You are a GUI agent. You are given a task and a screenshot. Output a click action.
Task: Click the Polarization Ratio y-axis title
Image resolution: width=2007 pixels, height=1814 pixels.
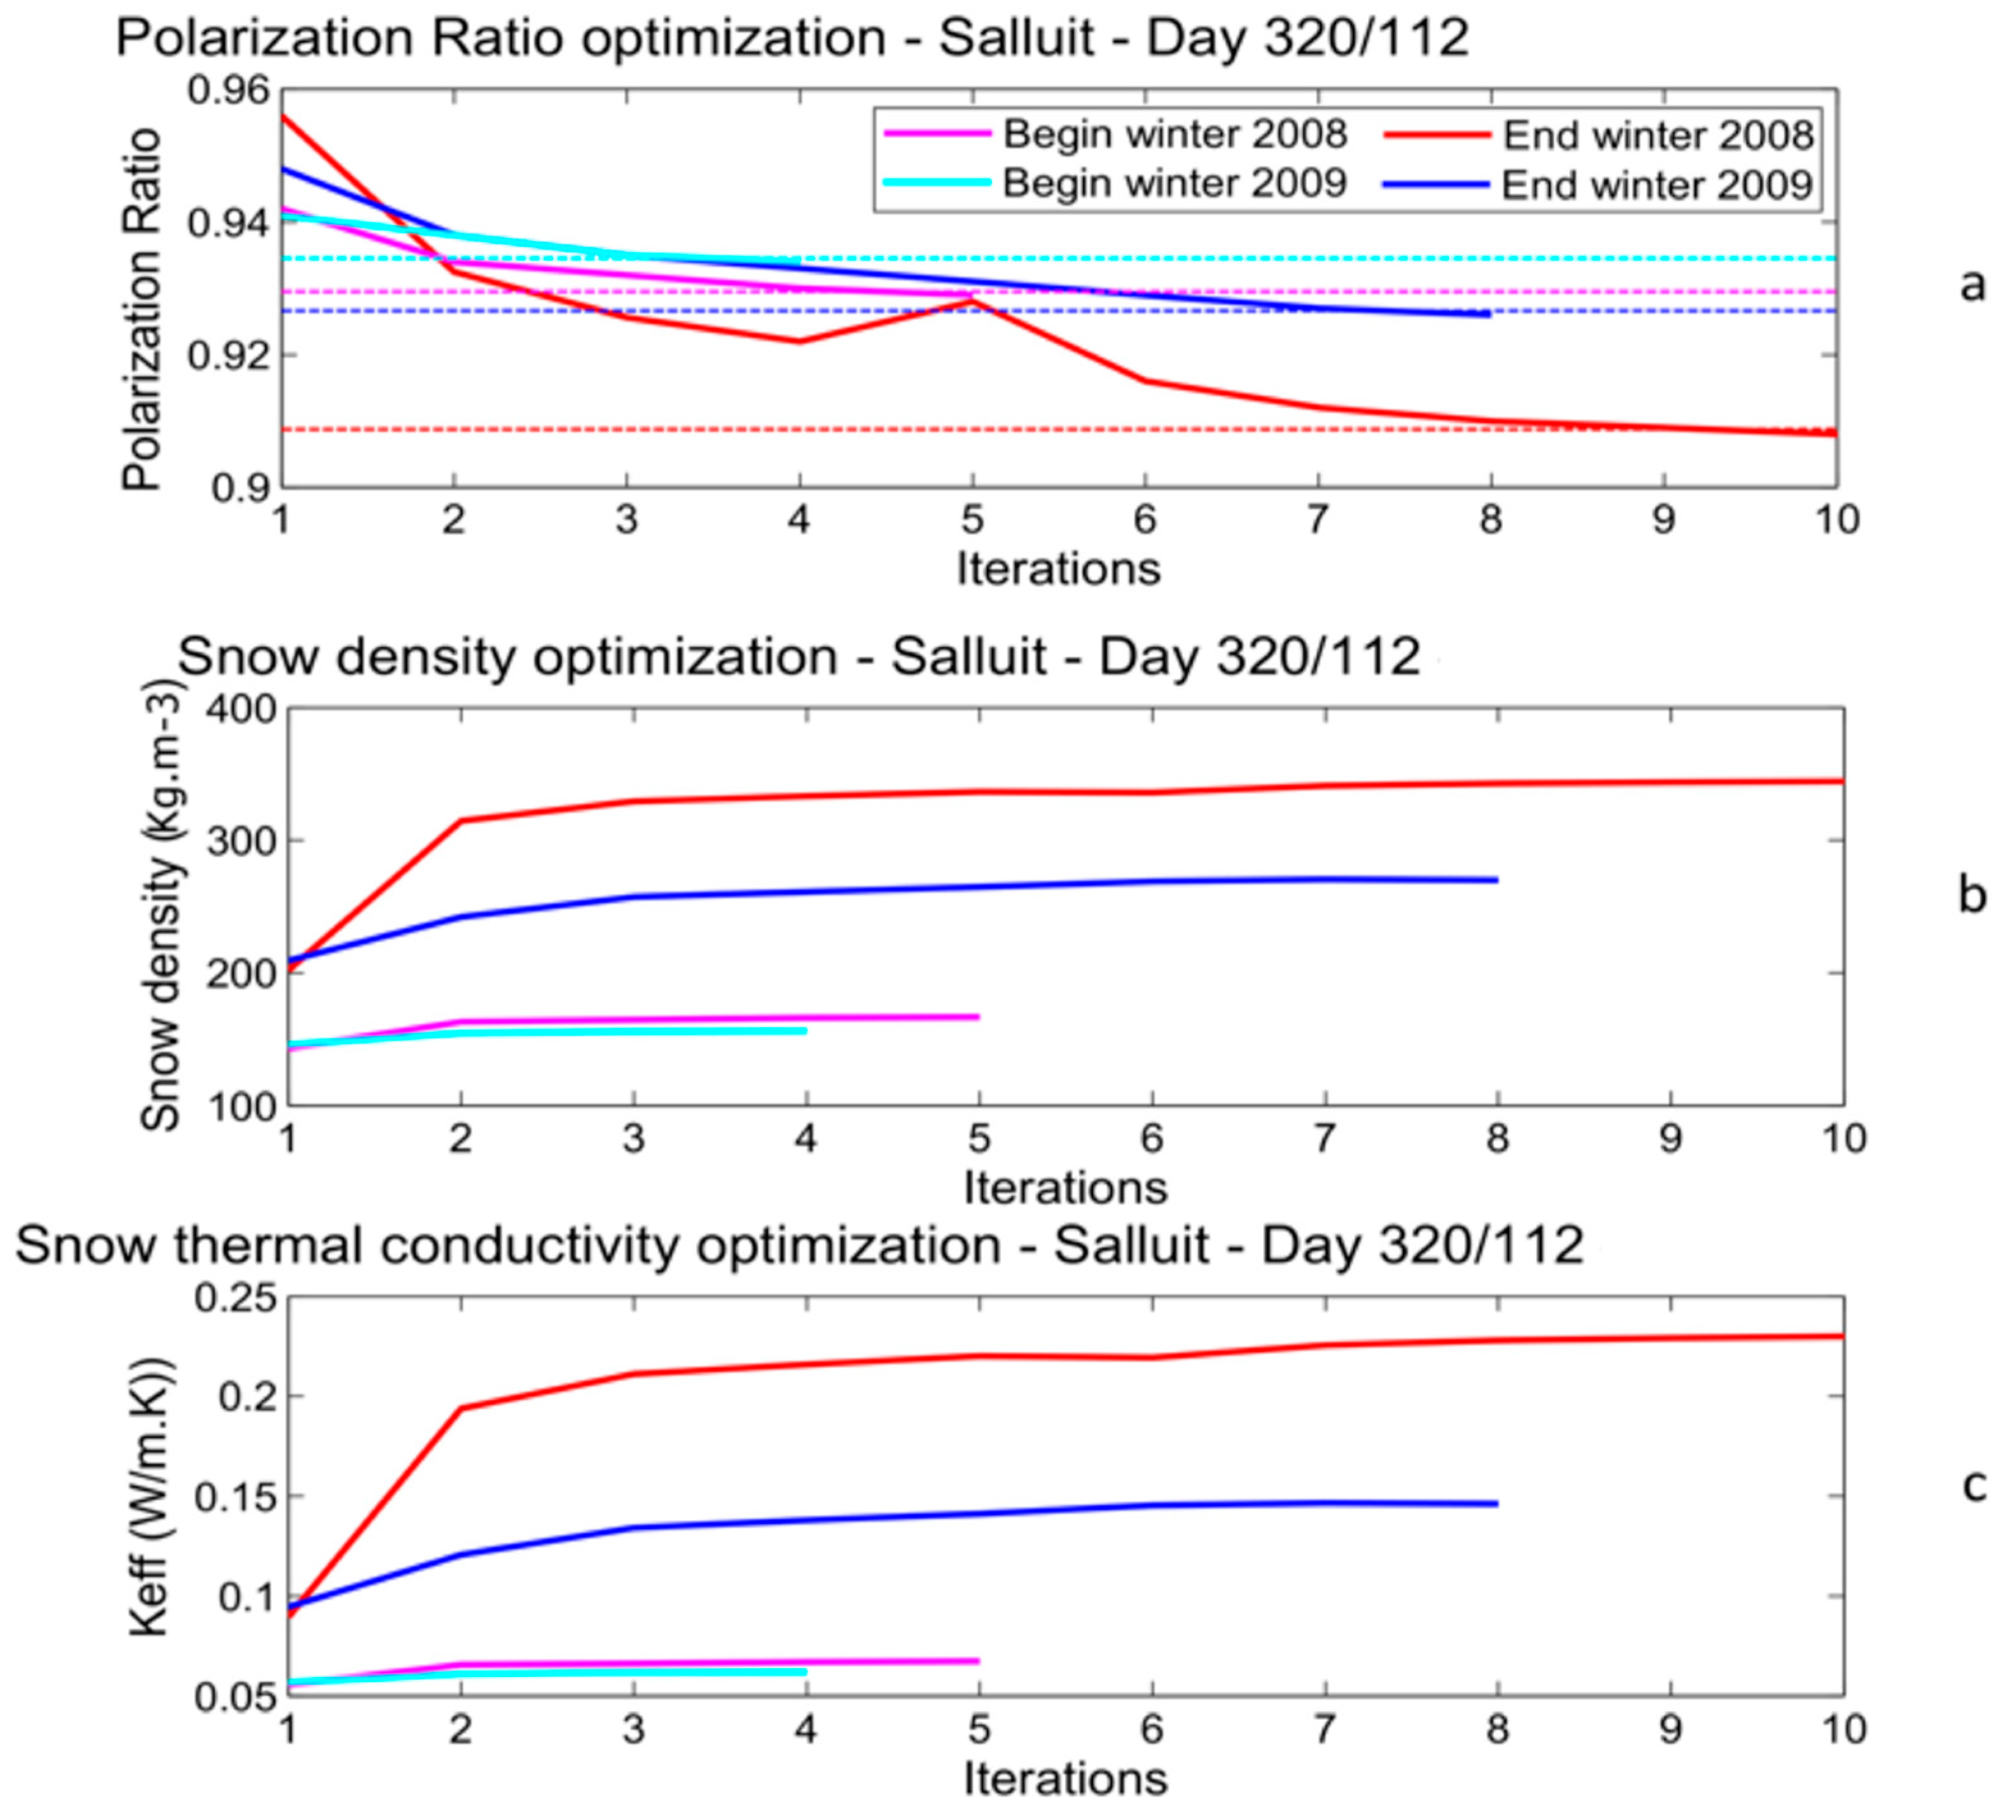(x=142, y=309)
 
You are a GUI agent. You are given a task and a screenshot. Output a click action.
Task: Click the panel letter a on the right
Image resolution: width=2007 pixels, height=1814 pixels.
(x=1971, y=285)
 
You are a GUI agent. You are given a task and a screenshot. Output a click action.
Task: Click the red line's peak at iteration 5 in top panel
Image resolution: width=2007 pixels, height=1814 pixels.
(x=973, y=301)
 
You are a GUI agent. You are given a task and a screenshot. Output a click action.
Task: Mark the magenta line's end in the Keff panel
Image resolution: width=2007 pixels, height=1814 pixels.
(x=979, y=1660)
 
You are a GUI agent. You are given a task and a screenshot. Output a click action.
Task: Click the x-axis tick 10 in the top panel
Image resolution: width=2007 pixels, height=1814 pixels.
(x=1835, y=520)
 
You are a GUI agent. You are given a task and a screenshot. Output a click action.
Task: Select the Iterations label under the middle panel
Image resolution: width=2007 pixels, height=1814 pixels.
(x=1064, y=1188)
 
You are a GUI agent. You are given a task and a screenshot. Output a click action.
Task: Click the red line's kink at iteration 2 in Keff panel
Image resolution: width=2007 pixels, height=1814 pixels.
(x=461, y=1408)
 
